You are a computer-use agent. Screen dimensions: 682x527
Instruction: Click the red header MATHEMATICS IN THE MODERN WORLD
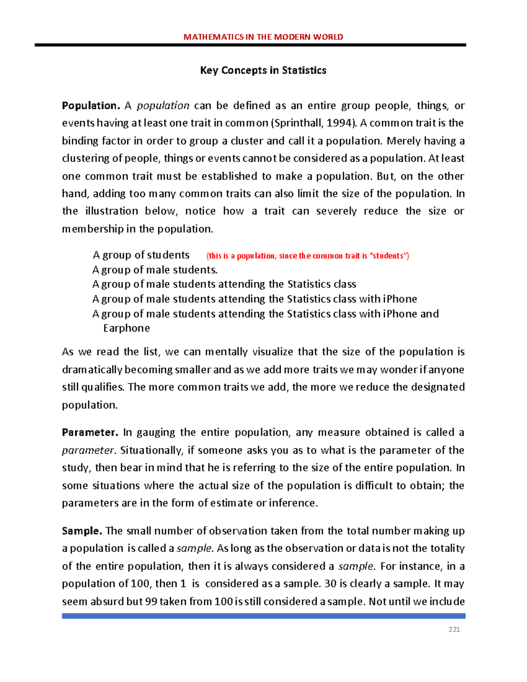point(263,37)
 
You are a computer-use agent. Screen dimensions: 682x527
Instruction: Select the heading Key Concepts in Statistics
point(263,70)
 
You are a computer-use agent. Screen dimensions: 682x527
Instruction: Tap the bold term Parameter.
point(90,433)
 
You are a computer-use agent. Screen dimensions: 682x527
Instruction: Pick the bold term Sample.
point(82,531)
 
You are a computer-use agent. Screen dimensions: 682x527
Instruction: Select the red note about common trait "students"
point(307,256)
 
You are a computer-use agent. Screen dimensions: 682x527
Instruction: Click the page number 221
point(454,629)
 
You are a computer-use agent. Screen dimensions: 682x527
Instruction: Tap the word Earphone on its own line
point(126,328)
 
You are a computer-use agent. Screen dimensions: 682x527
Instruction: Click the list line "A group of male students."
point(155,270)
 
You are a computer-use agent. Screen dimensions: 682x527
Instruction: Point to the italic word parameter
point(88,451)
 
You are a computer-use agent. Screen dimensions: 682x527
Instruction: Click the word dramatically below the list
point(92,370)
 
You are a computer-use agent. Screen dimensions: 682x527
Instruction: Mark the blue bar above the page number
point(263,616)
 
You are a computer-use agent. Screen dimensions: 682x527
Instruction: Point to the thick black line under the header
point(250,45)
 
